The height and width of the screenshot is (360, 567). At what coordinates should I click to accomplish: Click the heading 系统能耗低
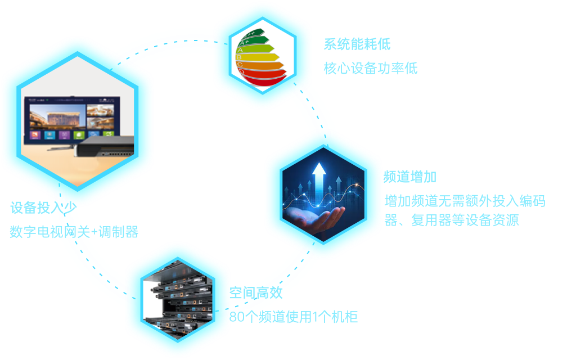[x=357, y=44]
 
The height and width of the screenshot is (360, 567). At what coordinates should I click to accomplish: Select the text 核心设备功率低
[x=370, y=69]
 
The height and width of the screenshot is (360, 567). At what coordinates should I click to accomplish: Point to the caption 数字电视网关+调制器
[x=74, y=231]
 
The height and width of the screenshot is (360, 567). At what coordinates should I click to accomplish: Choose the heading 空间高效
[x=255, y=292]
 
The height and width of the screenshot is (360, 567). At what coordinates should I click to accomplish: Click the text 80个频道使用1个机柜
[x=293, y=317]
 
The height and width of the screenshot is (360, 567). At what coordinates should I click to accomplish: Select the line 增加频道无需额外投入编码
[x=464, y=201]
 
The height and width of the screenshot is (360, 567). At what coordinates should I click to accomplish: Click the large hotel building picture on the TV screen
[x=56, y=117]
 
